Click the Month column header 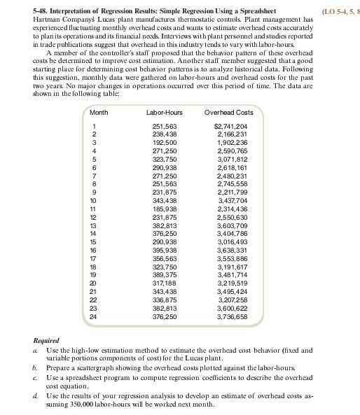[99, 112]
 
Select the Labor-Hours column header [165, 112]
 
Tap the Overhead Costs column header [228, 112]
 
